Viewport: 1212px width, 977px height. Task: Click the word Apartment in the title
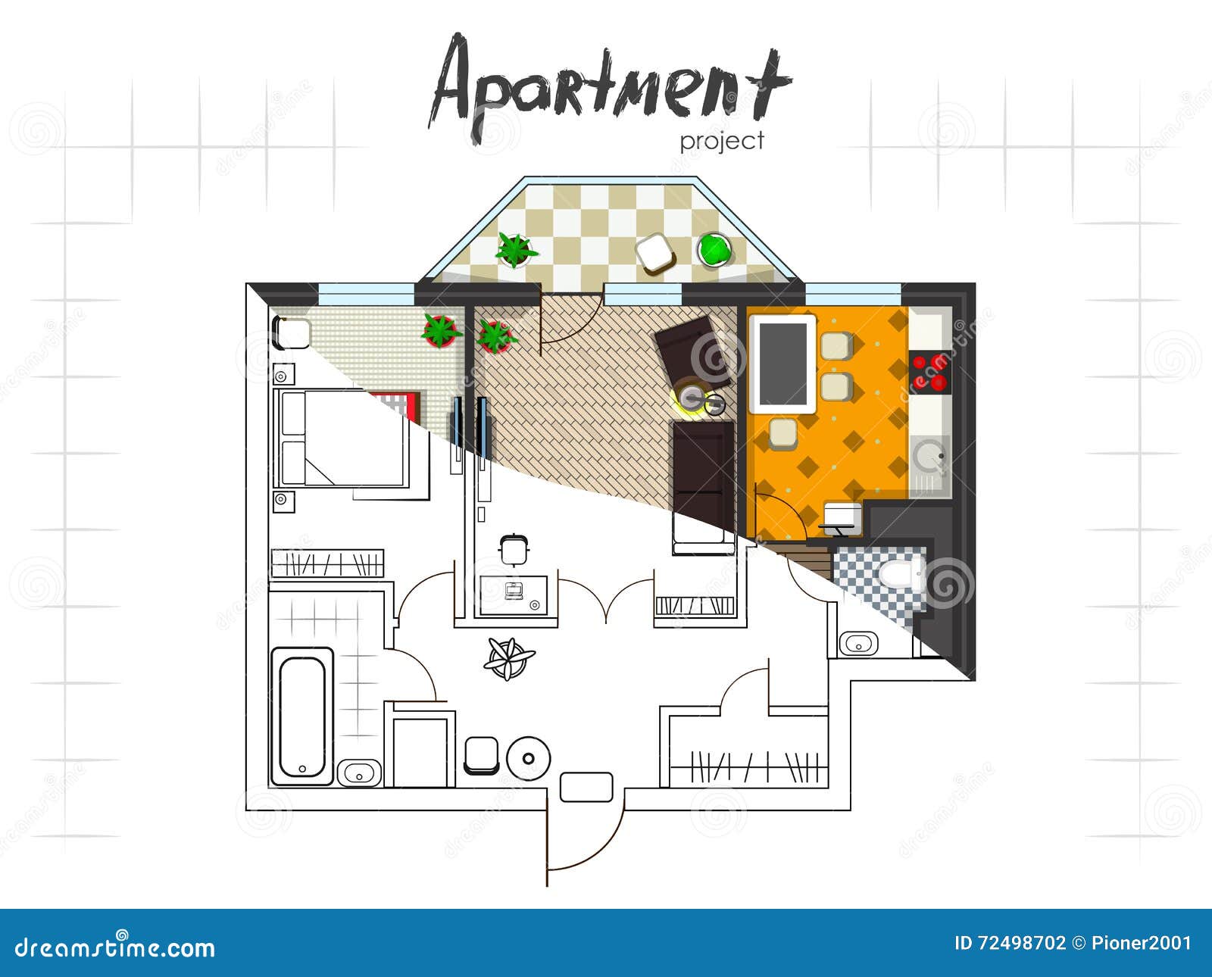611,86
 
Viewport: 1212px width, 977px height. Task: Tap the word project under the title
721,142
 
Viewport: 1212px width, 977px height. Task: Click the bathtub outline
302,716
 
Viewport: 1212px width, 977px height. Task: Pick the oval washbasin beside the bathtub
359,773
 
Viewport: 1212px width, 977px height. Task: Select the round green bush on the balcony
714,249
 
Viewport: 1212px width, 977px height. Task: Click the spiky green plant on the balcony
515,250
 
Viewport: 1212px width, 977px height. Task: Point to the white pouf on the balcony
656,254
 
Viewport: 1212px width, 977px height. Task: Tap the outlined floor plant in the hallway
509,658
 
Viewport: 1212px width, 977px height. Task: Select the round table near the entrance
528,759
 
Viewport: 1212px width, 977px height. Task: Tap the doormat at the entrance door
586,787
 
